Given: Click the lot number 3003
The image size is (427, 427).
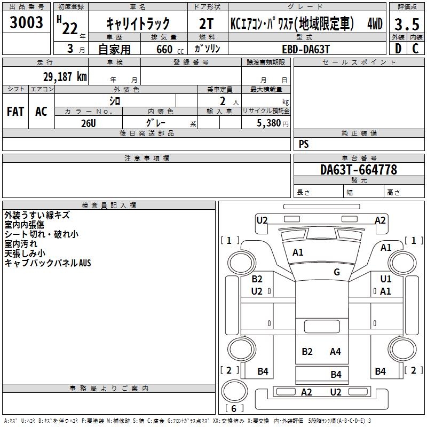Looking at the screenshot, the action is click(26, 22).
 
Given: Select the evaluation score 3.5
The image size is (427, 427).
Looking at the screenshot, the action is click(407, 24).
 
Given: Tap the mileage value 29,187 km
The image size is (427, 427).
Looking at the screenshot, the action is click(65, 77).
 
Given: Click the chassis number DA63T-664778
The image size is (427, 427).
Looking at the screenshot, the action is click(359, 170).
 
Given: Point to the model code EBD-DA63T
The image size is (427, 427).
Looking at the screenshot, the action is click(306, 49).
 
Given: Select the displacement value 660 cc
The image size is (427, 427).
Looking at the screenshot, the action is click(170, 49).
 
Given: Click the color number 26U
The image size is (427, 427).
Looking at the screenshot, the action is click(89, 123).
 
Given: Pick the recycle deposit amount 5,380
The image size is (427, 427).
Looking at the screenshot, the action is click(269, 123).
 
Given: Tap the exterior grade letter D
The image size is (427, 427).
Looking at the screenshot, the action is click(398, 49).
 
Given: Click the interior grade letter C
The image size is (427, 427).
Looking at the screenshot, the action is click(415, 49).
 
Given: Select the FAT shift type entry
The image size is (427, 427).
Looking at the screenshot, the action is click(15, 112).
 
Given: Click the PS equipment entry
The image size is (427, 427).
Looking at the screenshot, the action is click(304, 144).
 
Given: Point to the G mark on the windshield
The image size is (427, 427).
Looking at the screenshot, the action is click(337, 272).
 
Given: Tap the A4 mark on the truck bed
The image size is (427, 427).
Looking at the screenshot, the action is click(335, 352).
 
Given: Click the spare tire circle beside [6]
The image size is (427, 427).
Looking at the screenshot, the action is click(234, 391).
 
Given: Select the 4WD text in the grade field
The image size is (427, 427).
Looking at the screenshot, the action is click(375, 23).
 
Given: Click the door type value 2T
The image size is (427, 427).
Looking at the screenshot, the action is click(206, 23).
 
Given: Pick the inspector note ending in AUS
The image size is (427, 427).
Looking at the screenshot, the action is click(48, 263).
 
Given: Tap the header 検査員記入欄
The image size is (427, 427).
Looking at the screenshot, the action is click(109, 205).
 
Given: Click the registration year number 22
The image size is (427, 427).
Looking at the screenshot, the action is click(70, 28).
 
